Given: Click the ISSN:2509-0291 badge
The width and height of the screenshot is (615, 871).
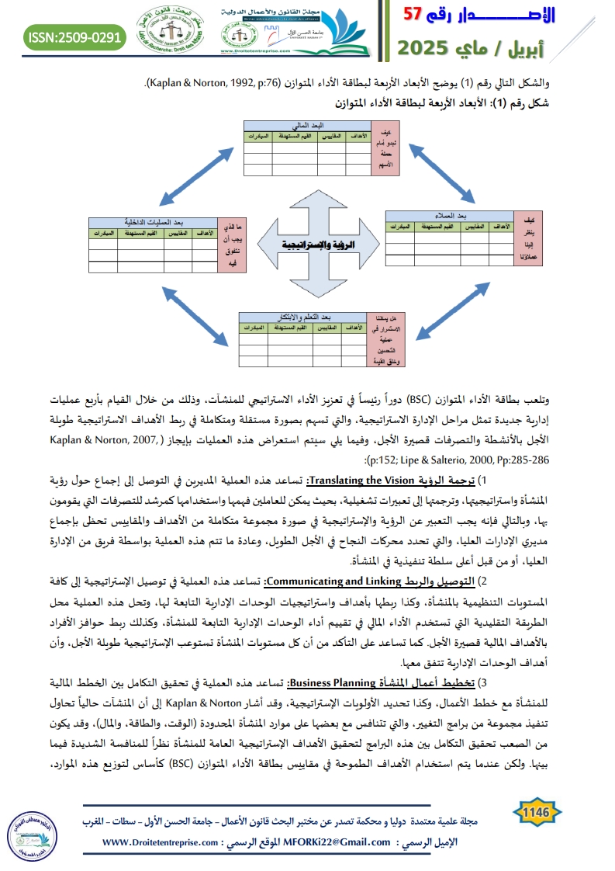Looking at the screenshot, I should click(x=75, y=36).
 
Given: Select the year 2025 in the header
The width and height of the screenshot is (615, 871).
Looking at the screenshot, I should click(x=430, y=47).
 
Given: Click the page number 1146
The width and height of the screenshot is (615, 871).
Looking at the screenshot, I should click(x=536, y=812).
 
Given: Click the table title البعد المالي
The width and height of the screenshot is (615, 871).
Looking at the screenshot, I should click(x=306, y=125).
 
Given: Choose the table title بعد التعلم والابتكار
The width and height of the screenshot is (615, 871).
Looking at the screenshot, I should click(x=302, y=318).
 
